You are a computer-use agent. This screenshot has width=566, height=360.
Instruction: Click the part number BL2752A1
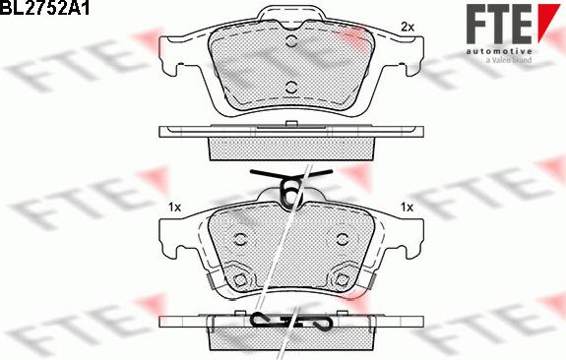[x=44, y=8]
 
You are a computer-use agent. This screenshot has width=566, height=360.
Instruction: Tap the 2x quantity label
[x=408, y=27]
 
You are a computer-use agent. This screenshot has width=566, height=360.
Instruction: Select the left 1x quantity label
[x=174, y=208]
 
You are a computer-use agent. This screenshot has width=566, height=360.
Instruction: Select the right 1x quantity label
[x=407, y=208]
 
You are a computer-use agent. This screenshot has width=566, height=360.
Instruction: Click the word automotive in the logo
[x=499, y=51]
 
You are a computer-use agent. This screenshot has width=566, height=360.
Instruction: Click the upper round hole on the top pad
[x=291, y=40]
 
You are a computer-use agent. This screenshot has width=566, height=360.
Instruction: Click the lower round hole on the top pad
[x=291, y=88]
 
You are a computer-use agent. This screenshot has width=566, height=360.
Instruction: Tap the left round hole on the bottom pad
[x=239, y=239]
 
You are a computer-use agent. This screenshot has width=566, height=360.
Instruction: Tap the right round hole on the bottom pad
[x=343, y=239]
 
